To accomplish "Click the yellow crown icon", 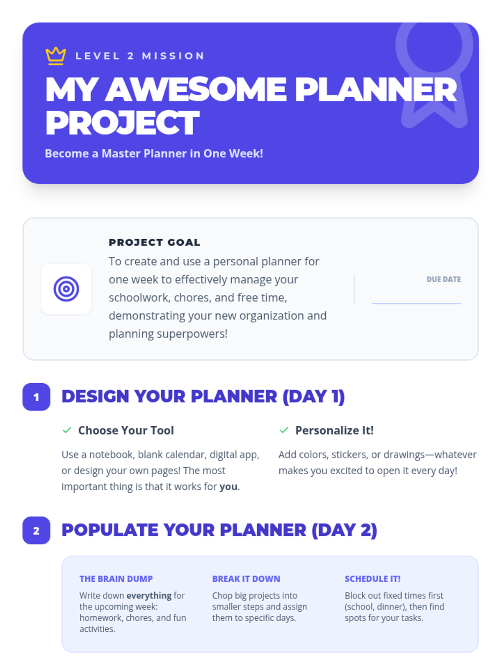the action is pyautogui.click(x=56, y=56).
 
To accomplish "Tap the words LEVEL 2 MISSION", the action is pyautogui.click(x=140, y=56).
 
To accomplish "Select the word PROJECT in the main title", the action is pyautogui.click(x=122, y=123).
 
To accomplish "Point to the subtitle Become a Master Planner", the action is pyautogui.click(x=154, y=153).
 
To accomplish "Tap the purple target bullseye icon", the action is pyautogui.click(x=66, y=289).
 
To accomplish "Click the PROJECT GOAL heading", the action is pyautogui.click(x=154, y=242).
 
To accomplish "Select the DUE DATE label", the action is pyautogui.click(x=443, y=279).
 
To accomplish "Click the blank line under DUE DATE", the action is pyautogui.click(x=416, y=303).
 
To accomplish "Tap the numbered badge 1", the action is pyautogui.click(x=36, y=397).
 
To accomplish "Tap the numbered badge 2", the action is pyautogui.click(x=36, y=531).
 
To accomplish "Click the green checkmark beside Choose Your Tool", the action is pyautogui.click(x=67, y=430).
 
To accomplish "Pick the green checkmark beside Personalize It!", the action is pyautogui.click(x=284, y=430).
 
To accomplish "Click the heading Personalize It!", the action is pyautogui.click(x=334, y=430).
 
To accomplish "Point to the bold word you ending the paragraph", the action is pyautogui.click(x=228, y=486).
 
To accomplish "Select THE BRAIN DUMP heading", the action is pyautogui.click(x=116, y=579).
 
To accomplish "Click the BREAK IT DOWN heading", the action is pyautogui.click(x=246, y=579).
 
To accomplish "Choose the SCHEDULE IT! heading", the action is pyautogui.click(x=373, y=579).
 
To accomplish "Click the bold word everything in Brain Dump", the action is pyautogui.click(x=149, y=595).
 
